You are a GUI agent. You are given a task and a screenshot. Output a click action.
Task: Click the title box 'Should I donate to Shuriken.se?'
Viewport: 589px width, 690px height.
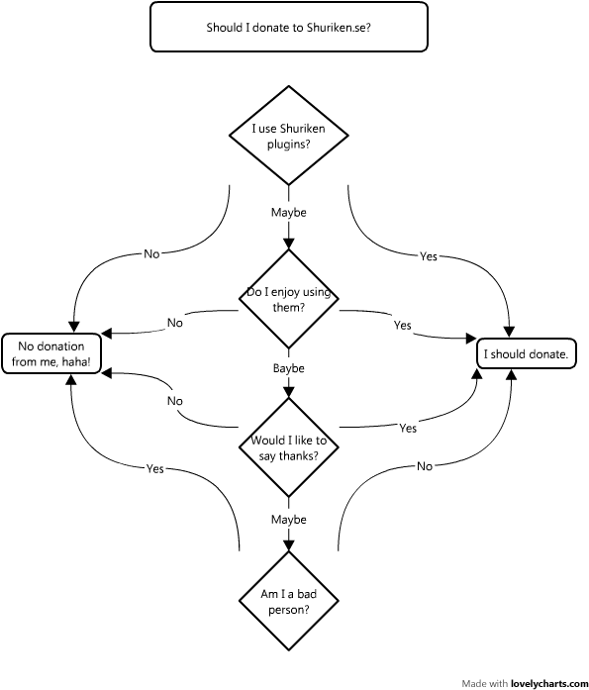point(289,27)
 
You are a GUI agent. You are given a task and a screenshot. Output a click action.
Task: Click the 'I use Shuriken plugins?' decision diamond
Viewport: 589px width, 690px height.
point(289,136)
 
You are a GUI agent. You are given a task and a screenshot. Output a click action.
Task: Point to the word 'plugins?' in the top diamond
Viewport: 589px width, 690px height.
point(289,144)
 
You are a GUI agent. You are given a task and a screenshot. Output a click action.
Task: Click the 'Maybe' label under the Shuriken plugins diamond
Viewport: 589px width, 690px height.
point(289,213)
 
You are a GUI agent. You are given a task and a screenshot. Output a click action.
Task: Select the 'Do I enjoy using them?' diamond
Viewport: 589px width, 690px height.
point(289,299)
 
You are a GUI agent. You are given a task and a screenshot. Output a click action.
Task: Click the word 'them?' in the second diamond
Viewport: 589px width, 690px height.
point(289,307)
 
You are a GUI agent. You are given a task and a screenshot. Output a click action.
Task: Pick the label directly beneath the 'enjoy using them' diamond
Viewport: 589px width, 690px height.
point(289,368)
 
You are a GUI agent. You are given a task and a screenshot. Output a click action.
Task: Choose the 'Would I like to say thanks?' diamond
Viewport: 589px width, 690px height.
point(289,447)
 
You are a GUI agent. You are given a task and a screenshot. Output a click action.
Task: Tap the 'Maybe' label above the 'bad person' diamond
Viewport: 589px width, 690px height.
point(289,520)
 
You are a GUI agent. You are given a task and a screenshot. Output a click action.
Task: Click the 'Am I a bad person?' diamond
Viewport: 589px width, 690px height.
point(289,602)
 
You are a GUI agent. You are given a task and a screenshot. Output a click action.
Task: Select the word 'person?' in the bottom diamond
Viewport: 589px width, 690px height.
point(289,610)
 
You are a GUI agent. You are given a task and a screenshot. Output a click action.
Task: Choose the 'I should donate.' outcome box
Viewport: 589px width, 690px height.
point(527,354)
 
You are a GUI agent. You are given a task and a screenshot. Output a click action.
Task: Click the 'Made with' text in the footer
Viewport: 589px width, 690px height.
point(485,683)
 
